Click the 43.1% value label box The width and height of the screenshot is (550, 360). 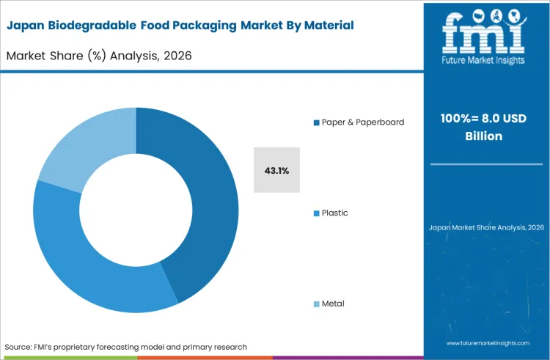tap(276, 170)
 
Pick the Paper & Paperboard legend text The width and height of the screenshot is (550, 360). tap(362, 122)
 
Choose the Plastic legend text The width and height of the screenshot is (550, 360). tap(334, 213)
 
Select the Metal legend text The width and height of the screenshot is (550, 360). tap(333, 304)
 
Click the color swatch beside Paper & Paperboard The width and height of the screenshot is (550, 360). tap(316, 122)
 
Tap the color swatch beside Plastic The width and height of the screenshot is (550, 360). tap(316, 213)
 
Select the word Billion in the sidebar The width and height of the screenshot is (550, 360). tap(485, 136)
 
